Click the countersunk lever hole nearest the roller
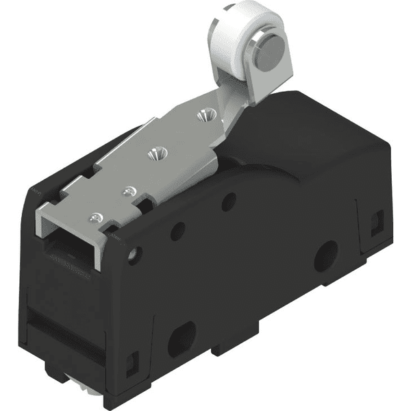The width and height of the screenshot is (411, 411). (203, 116)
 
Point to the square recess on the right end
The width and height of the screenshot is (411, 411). (377, 223)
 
